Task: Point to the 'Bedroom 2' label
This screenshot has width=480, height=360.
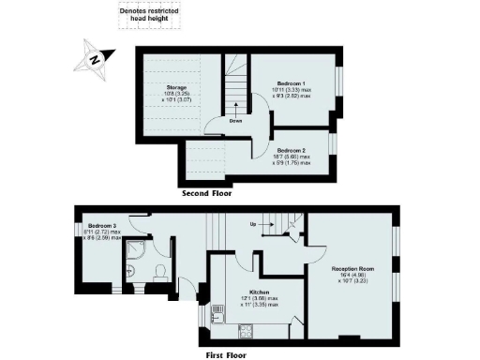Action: (292, 149)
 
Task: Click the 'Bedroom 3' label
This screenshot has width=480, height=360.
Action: (102, 226)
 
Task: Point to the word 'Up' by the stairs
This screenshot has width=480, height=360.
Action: (252, 223)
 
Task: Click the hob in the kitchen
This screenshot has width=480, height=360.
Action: (247, 329)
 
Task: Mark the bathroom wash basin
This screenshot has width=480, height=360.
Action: (138, 274)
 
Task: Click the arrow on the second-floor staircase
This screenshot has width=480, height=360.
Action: (237, 105)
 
